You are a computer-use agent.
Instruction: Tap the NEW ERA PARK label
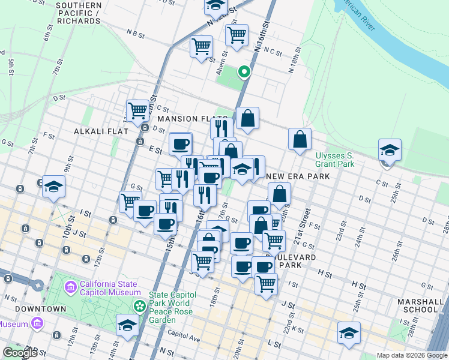pyautogui.click(x=298, y=176)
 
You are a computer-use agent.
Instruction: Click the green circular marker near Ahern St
pyautogui.click(x=244, y=73)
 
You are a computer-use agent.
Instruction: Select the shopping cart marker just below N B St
pyautogui.click(x=201, y=46)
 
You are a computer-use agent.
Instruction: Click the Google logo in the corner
pyautogui.click(x=20, y=353)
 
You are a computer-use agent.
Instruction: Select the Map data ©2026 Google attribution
pyautogui.click(x=411, y=355)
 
